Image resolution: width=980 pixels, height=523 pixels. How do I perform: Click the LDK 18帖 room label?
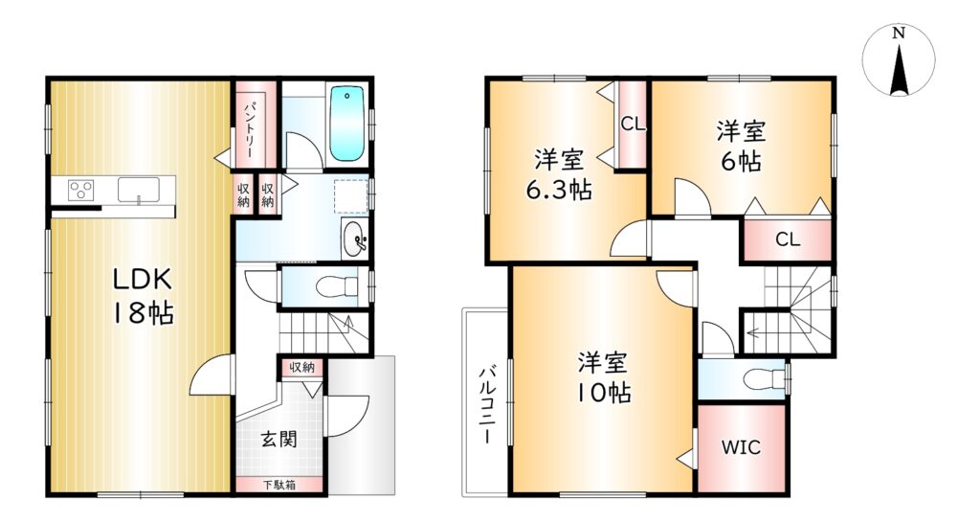[x=143, y=296]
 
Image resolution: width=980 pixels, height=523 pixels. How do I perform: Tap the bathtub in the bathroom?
[x=346, y=124]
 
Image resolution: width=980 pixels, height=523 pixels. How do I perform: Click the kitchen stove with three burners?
[x=81, y=189]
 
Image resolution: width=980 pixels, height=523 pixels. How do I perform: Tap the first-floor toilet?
[x=339, y=287]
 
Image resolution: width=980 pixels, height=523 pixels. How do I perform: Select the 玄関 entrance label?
[x=278, y=439]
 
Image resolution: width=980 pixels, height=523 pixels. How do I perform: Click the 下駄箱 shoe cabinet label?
[x=279, y=485]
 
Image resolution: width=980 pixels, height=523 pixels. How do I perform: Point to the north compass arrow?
[x=899, y=69]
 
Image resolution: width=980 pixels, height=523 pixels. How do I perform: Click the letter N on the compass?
[x=899, y=34]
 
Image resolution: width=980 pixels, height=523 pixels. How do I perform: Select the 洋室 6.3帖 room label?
[x=559, y=174]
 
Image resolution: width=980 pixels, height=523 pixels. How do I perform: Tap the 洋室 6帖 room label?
[x=742, y=147]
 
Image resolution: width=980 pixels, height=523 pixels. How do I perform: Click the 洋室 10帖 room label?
[x=603, y=377]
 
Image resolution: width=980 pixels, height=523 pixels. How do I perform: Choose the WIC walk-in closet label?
[x=742, y=447]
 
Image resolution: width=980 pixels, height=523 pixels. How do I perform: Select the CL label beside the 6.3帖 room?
[x=633, y=124]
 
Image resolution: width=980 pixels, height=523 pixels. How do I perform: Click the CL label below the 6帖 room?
[x=788, y=239]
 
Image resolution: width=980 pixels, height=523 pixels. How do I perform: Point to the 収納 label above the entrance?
[x=301, y=368]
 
